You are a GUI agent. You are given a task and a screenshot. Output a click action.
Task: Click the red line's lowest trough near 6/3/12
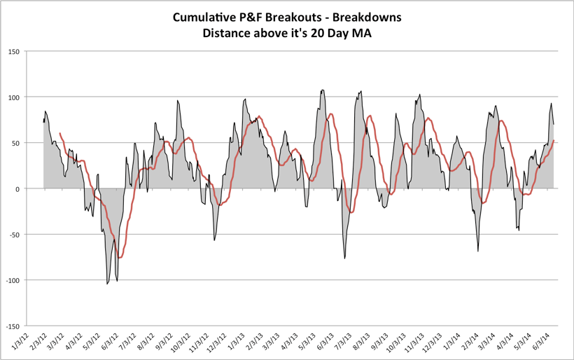point(120,258)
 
